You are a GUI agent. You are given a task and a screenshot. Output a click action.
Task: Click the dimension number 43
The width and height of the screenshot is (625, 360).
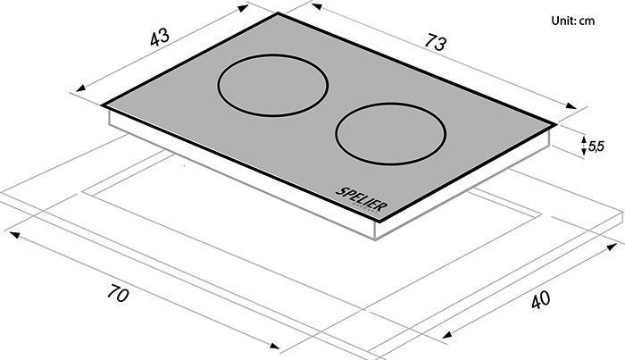click(160, 38)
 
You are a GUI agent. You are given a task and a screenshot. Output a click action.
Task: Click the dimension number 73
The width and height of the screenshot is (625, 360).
click(436, 42)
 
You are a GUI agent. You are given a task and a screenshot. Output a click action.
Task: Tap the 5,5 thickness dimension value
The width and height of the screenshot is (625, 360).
click(596, 147)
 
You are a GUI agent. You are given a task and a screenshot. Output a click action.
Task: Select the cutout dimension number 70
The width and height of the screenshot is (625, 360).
click(118, 293)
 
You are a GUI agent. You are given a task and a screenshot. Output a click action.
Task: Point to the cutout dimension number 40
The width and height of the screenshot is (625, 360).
click(541, 300)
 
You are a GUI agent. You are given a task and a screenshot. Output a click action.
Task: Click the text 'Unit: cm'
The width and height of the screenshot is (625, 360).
click(573, 21)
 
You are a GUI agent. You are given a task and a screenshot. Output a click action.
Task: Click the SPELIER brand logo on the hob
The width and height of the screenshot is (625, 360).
click(362, 199)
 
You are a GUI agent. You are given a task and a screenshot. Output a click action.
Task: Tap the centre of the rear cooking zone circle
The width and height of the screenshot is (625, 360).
click(272, 86)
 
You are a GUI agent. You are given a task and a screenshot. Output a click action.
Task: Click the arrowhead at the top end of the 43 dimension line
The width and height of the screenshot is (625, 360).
click(244, 7)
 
